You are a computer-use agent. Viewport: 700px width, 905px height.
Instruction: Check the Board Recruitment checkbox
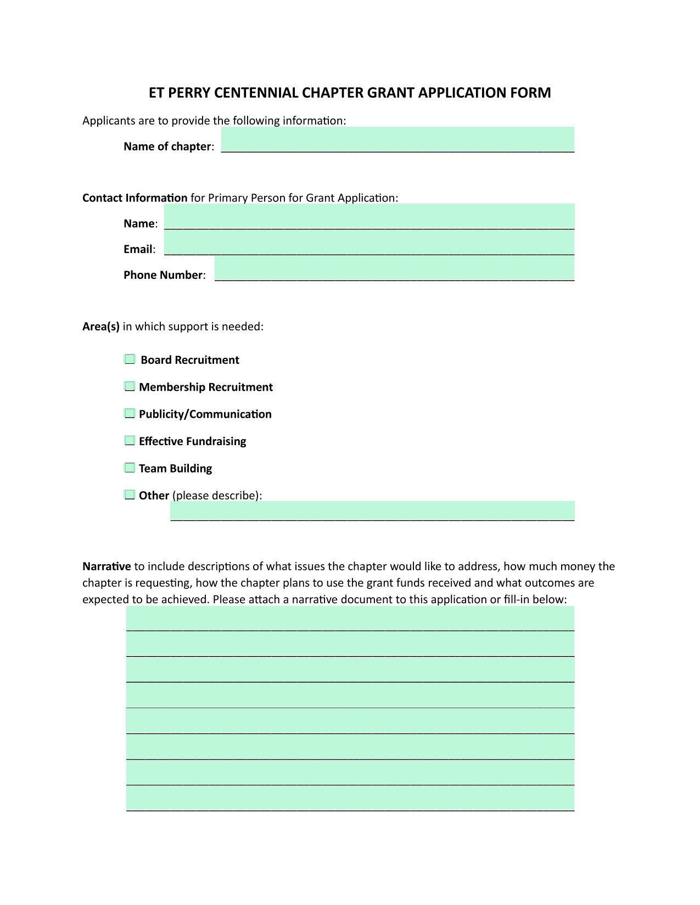(x=130, y=359)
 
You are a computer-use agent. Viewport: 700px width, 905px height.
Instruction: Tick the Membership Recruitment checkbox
(x=130, y=386)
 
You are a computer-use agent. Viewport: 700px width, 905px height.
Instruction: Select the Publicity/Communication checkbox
(x=130, y=413)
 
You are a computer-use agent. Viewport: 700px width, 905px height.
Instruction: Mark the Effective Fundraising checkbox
(x=130, y=441)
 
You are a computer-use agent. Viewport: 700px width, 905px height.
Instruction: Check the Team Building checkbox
(x=130, y=468)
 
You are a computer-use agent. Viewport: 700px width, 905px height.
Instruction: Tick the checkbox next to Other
(x=130, y=494)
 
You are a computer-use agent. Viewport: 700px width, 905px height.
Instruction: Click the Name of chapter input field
(x=397, y=140)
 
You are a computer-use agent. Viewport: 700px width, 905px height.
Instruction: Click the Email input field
(x=369, y=243)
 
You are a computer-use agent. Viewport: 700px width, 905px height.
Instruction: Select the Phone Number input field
(x=394, y=268)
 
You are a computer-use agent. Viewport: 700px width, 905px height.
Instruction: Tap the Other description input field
(x=372, y=511)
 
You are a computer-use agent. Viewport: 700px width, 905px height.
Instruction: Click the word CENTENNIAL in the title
(x=256, y=93)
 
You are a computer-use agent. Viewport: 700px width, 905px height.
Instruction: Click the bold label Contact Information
(x=135, y=198)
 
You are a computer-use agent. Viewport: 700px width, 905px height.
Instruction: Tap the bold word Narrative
(x=107, y=566)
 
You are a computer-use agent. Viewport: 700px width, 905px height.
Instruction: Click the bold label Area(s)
(x=101, y=327)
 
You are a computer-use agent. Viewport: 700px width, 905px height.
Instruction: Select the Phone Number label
(x=163, y=275)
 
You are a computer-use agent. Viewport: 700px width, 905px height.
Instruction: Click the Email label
(x=138, y=249)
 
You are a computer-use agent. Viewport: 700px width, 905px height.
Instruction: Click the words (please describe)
(x=216, y=496)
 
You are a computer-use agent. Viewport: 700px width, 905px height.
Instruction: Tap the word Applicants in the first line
(x=105, y=120)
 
